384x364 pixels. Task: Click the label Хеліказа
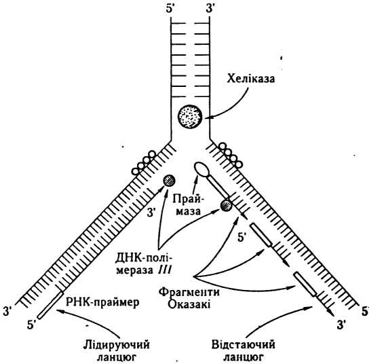click(x=250, y=79)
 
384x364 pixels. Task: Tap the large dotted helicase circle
click(x=190, y=116)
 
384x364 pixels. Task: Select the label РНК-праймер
click(x=102, y=302)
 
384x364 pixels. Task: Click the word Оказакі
click(x=189, y=305)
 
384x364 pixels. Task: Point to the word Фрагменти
click(x=189, y=292)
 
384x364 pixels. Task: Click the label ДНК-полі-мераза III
click(x=144, y=264)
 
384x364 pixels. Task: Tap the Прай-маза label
click(x=189, y=204)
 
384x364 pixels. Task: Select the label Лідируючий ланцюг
click(x=116, y=351)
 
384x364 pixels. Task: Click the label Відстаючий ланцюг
click(x=243, y=351)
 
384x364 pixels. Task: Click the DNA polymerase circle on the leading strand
click(x=169, y=181)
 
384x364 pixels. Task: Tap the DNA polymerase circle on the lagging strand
click(x=226, y=205)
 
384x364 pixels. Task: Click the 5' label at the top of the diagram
click(x=170, y=9)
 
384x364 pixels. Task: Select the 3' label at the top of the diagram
click(x=210, y=9)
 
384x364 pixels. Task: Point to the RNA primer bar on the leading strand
click(x=50, y=305)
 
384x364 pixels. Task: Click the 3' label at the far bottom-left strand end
click(x=7, y=311)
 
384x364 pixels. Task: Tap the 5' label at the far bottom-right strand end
click(x=365, y=312)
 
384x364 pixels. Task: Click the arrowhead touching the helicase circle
click(x=208, y=117)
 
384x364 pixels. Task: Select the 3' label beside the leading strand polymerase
click(x=151, y=213)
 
